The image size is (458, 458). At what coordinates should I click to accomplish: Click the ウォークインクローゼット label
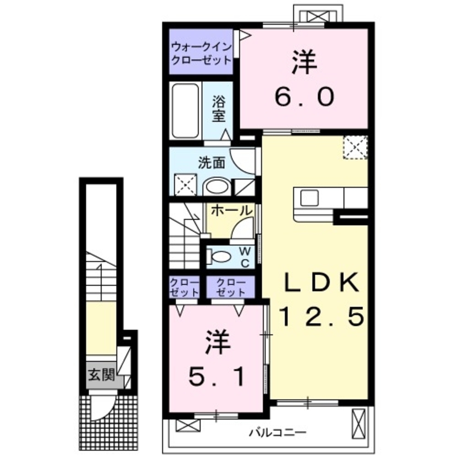pyautogui.click(x=202, y=53)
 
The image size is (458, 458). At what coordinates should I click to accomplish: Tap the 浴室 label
pyautogui.click(x=219, y=109)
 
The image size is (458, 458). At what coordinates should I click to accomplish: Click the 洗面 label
pyautogui.click(x=212, y=163)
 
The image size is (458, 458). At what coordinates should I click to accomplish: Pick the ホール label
pyautogui.click(x=232, y=211)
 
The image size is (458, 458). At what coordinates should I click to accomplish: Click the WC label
pyautogui.click(x=245, y=257)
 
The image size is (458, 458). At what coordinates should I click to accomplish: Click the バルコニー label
pyautogui.click(x=278, y=432)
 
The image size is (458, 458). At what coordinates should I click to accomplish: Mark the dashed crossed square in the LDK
pyautogui.click(x=355, y=147)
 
